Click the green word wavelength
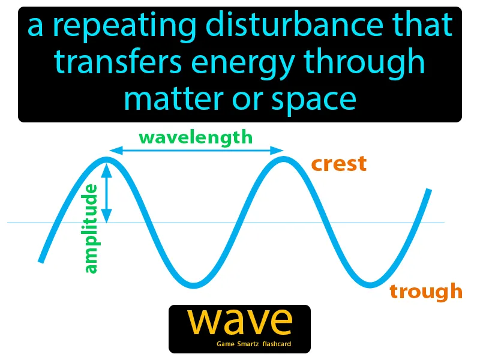pos(196,137)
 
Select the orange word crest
pos(338,164)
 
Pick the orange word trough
pos(426,291)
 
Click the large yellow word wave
pos(239,322)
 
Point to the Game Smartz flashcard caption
pos(254,344)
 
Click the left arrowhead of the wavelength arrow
pos(112,151)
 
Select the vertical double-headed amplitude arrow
pos(107,194)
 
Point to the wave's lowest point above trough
pos(372,283)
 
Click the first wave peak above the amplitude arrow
pos(107,160)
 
